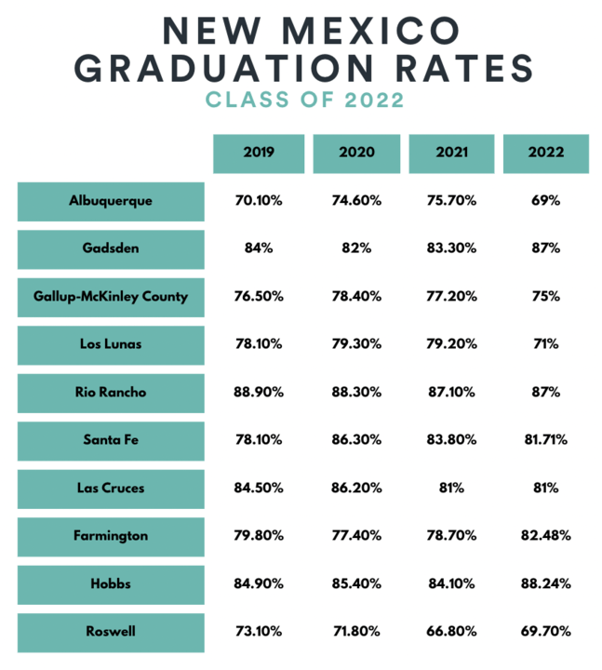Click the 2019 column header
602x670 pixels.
point(258,154)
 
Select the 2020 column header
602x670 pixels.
point(356,154)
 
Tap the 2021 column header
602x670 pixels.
point(451,154)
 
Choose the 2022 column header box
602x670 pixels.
point(546,154)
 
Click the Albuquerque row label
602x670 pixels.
point(111,201)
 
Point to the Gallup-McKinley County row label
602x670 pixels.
point(111,297)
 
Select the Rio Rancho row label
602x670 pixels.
point(111,393)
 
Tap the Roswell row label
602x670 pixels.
point(111,632)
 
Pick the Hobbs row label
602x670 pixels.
point(111,584)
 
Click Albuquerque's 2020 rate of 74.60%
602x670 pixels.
point(356,201)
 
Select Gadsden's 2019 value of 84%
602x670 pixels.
point(258,249)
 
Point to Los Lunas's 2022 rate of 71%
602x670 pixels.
point(546,344)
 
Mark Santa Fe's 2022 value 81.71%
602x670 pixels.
point(546,440)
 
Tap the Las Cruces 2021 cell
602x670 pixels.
point(451,489)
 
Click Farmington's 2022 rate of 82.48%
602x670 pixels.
point(546,536)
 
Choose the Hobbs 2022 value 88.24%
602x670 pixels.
point(546,584)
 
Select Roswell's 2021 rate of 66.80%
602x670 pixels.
point(451,632)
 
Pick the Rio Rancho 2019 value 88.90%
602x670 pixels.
point(258,393)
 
